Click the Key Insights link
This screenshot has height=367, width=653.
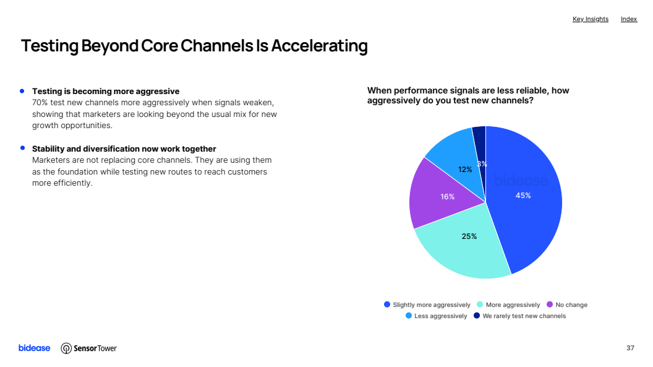point(590,19)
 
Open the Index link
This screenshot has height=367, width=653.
point(629,19)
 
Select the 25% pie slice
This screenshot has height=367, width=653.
point(463,246)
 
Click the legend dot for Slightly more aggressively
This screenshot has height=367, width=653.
point(387,304)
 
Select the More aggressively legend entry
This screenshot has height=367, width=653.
point(508,304)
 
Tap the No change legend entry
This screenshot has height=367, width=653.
point(567,304)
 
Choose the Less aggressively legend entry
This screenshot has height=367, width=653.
point(437,316)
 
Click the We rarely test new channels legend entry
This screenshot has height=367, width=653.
point(519,316)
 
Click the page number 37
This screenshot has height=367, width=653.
point(630,348)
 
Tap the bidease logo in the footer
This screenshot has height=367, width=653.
point(34,348)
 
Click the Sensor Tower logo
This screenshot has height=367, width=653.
point(88,348)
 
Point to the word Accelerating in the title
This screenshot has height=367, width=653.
point(320,46)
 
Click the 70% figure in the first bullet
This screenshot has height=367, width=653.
point(40,103)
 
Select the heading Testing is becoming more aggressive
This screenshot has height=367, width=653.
point(106,91)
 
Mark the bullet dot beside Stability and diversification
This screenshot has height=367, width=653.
point(22,148)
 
